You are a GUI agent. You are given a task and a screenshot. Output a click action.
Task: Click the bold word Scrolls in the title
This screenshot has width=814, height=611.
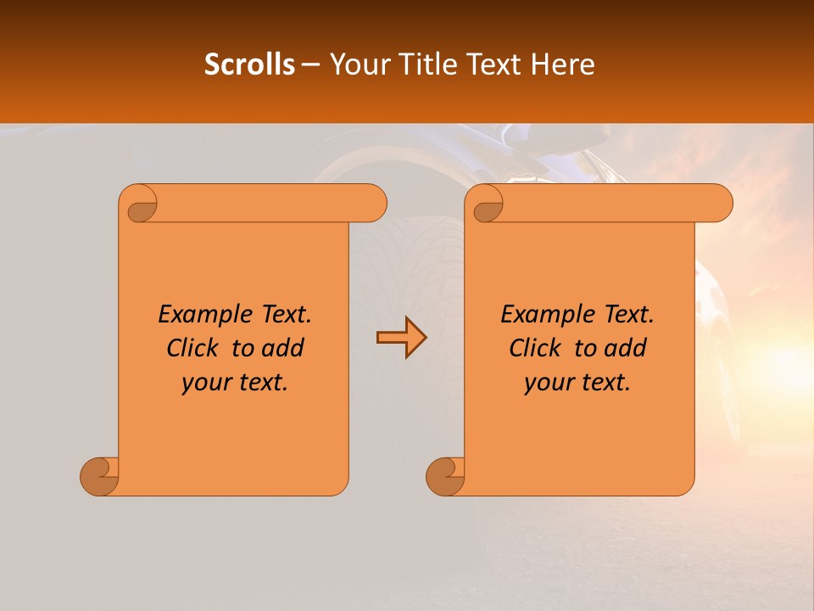[x=249, y=64]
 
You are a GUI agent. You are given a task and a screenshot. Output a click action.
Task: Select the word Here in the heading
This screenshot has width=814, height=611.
[x=563, y=64]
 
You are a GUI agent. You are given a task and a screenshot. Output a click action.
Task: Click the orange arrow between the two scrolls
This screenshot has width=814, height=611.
[x=401, y=338]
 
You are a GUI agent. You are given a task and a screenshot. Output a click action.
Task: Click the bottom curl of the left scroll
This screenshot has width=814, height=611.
[x=99, y=475]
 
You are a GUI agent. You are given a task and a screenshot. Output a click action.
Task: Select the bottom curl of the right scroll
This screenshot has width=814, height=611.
[x=445, y=475]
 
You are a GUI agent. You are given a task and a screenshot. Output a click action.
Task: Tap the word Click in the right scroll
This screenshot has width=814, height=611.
[x=536, y=348]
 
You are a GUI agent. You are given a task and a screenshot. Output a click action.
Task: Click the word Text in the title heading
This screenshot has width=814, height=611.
[x=494, y=64]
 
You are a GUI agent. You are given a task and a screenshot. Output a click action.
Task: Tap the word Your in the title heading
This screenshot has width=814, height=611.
[x=357, y=64]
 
